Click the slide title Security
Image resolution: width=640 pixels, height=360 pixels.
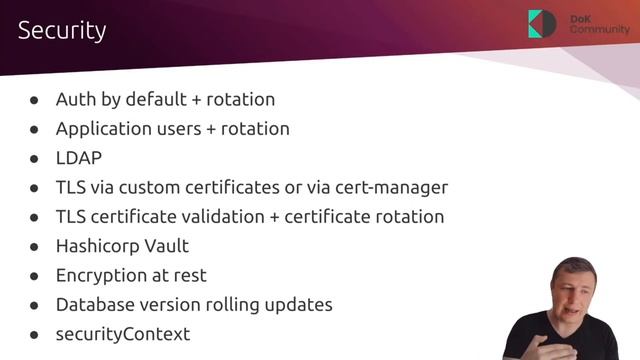[x=62, y=31]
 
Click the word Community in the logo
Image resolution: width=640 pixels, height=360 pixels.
[x=600, y=30]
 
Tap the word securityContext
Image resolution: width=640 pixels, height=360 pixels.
[x=123, y=333]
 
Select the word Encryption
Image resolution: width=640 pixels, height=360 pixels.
[x=103, y=275]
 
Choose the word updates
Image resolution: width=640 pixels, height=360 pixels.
[x=300, y=304]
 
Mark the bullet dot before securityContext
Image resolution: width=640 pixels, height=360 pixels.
[x=34, y=334]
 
